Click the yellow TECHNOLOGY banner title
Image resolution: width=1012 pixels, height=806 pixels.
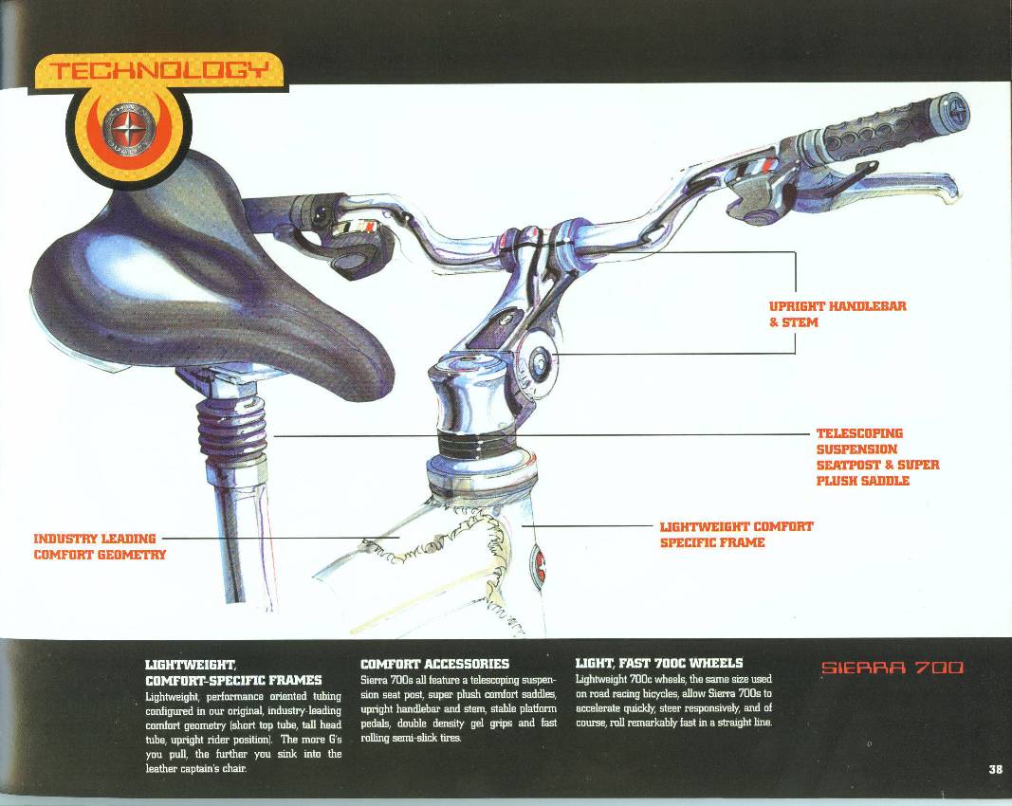(158, 70)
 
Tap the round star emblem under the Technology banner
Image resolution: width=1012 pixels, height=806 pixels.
(128, 130)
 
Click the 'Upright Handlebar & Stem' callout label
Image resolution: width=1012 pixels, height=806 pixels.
(837, 314)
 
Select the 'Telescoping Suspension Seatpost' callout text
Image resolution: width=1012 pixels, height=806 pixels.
(877, 457)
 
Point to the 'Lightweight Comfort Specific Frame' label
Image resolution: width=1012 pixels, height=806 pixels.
(736, 534)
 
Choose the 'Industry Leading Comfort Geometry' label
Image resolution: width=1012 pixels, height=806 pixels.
(100, 546)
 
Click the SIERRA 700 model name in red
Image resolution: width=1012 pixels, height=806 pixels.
(892, 668)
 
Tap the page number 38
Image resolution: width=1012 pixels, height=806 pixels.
(995, 769)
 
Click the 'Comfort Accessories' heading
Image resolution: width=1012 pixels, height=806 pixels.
(434, 664)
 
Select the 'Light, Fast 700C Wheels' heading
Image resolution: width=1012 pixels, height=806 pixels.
(659, 663)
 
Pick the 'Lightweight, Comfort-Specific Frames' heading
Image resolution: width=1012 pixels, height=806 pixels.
(233, 671)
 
